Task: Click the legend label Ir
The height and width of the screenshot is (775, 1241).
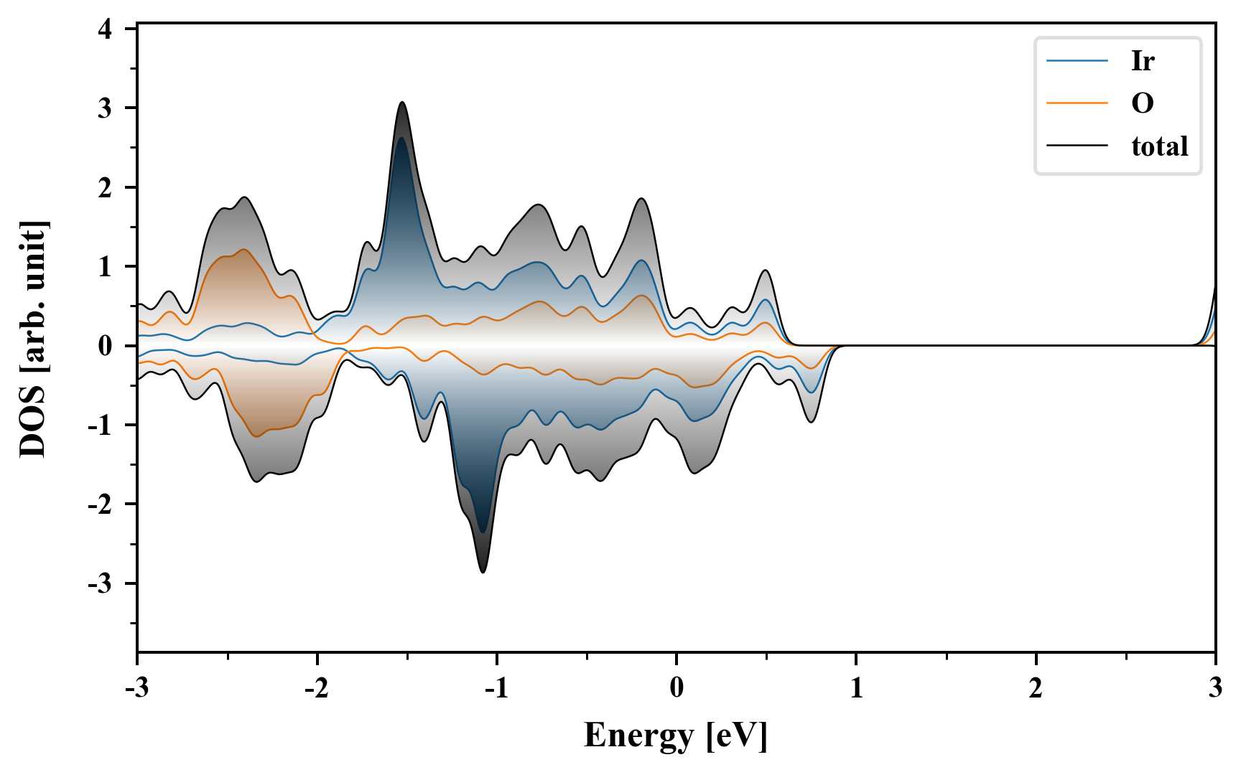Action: click(1142, 61)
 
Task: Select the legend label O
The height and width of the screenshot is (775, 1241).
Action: click(1142, 104)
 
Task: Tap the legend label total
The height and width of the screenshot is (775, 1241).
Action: click(1159, 146)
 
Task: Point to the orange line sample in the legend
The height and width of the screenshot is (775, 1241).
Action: click(1077, 103)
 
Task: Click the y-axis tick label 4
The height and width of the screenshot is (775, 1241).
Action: click(106, 29)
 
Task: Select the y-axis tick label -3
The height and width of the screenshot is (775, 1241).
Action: click(101, 584)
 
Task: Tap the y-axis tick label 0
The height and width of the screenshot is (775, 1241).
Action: click(106, 347)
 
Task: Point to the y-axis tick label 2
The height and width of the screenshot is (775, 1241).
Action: click(106, 188)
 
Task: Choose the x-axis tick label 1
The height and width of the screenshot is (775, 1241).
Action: click(856, 688)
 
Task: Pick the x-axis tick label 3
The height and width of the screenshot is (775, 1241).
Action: click(1215, 688)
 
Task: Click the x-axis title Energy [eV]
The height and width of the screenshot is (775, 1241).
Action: click(676, 736)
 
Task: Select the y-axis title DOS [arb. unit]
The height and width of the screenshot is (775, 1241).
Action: click(33, 339)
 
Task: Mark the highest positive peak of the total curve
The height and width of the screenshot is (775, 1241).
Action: click(402, 103)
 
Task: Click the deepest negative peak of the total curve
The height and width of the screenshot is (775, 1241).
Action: click(483, 572)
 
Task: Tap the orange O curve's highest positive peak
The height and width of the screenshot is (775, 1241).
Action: click(244, 250)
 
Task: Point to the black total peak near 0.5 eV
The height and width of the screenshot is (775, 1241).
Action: click(766, 271)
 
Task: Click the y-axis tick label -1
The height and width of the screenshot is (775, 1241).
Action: click(101, 426)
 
